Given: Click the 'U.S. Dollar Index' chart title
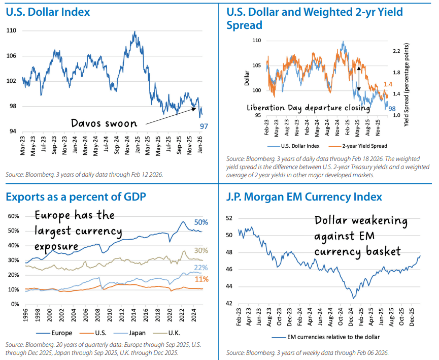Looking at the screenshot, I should pos(48,12).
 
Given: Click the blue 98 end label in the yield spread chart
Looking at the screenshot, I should pos(392,108).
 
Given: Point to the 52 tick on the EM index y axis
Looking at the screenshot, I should pos(229,218).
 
